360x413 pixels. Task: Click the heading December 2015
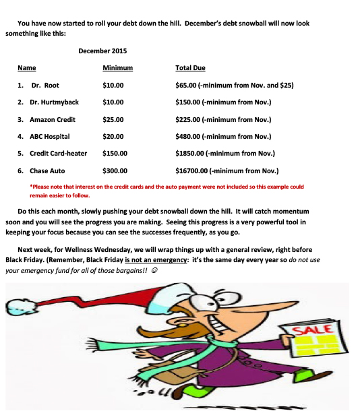(102, 51)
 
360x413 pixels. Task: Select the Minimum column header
(117, 68)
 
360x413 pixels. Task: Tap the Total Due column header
(190, 68)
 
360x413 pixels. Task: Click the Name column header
(27, 68)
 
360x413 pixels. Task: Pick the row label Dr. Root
(45, 86)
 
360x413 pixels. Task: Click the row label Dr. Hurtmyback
(54, 102)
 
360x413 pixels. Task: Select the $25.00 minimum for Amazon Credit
(113, 119)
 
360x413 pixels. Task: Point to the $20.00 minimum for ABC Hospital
(113, 136)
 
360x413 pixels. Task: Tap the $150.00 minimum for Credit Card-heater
(115, 154)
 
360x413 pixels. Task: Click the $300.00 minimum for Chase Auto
(115, 171)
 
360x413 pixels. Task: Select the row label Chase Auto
(47, 171)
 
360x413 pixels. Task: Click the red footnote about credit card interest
(167, 191)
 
